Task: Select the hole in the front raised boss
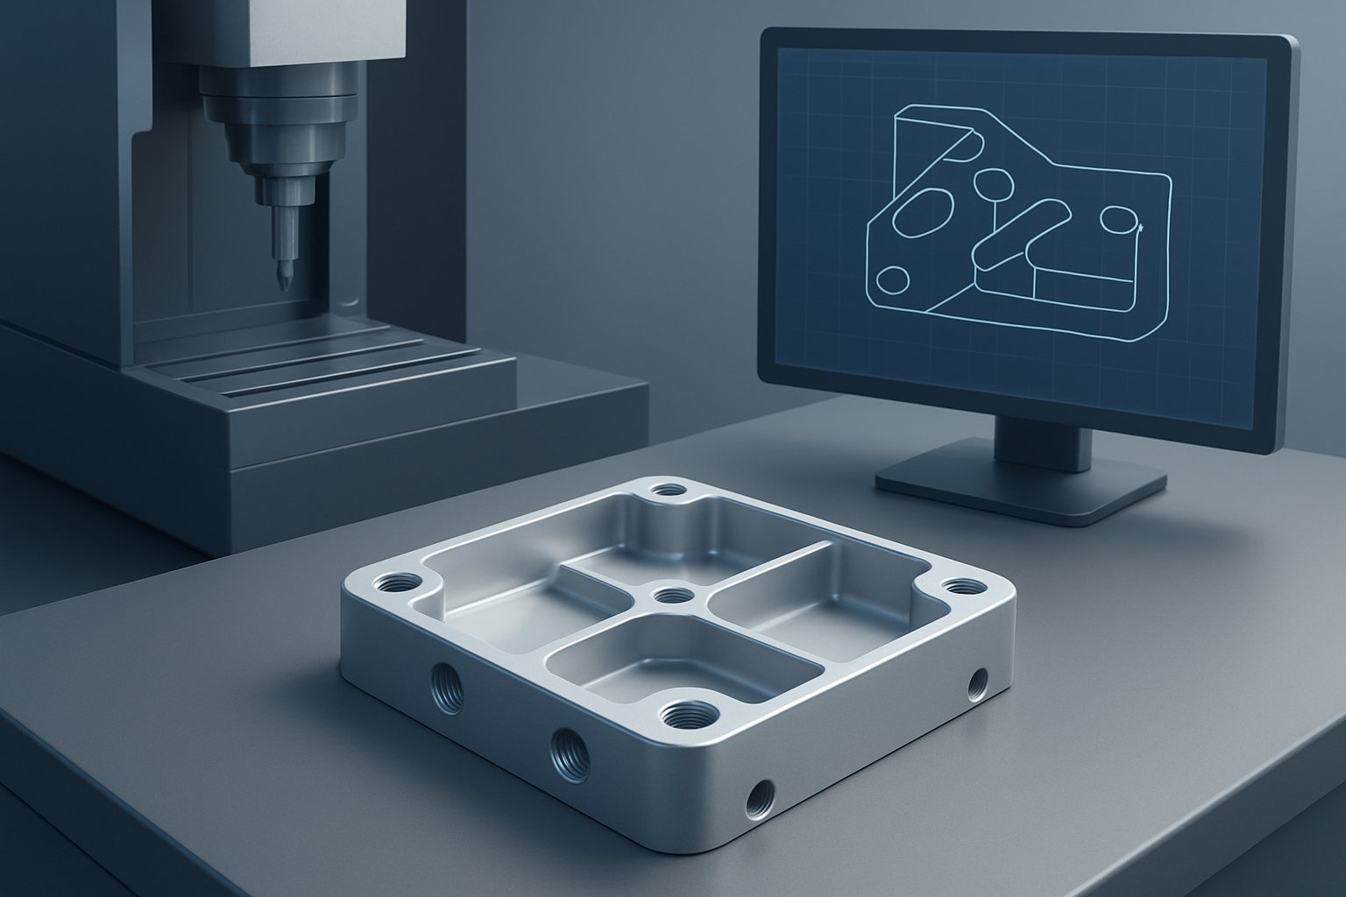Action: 686,717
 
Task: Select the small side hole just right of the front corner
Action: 758,797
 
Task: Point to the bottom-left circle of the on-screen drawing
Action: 893,279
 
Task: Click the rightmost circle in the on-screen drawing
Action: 1117,220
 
